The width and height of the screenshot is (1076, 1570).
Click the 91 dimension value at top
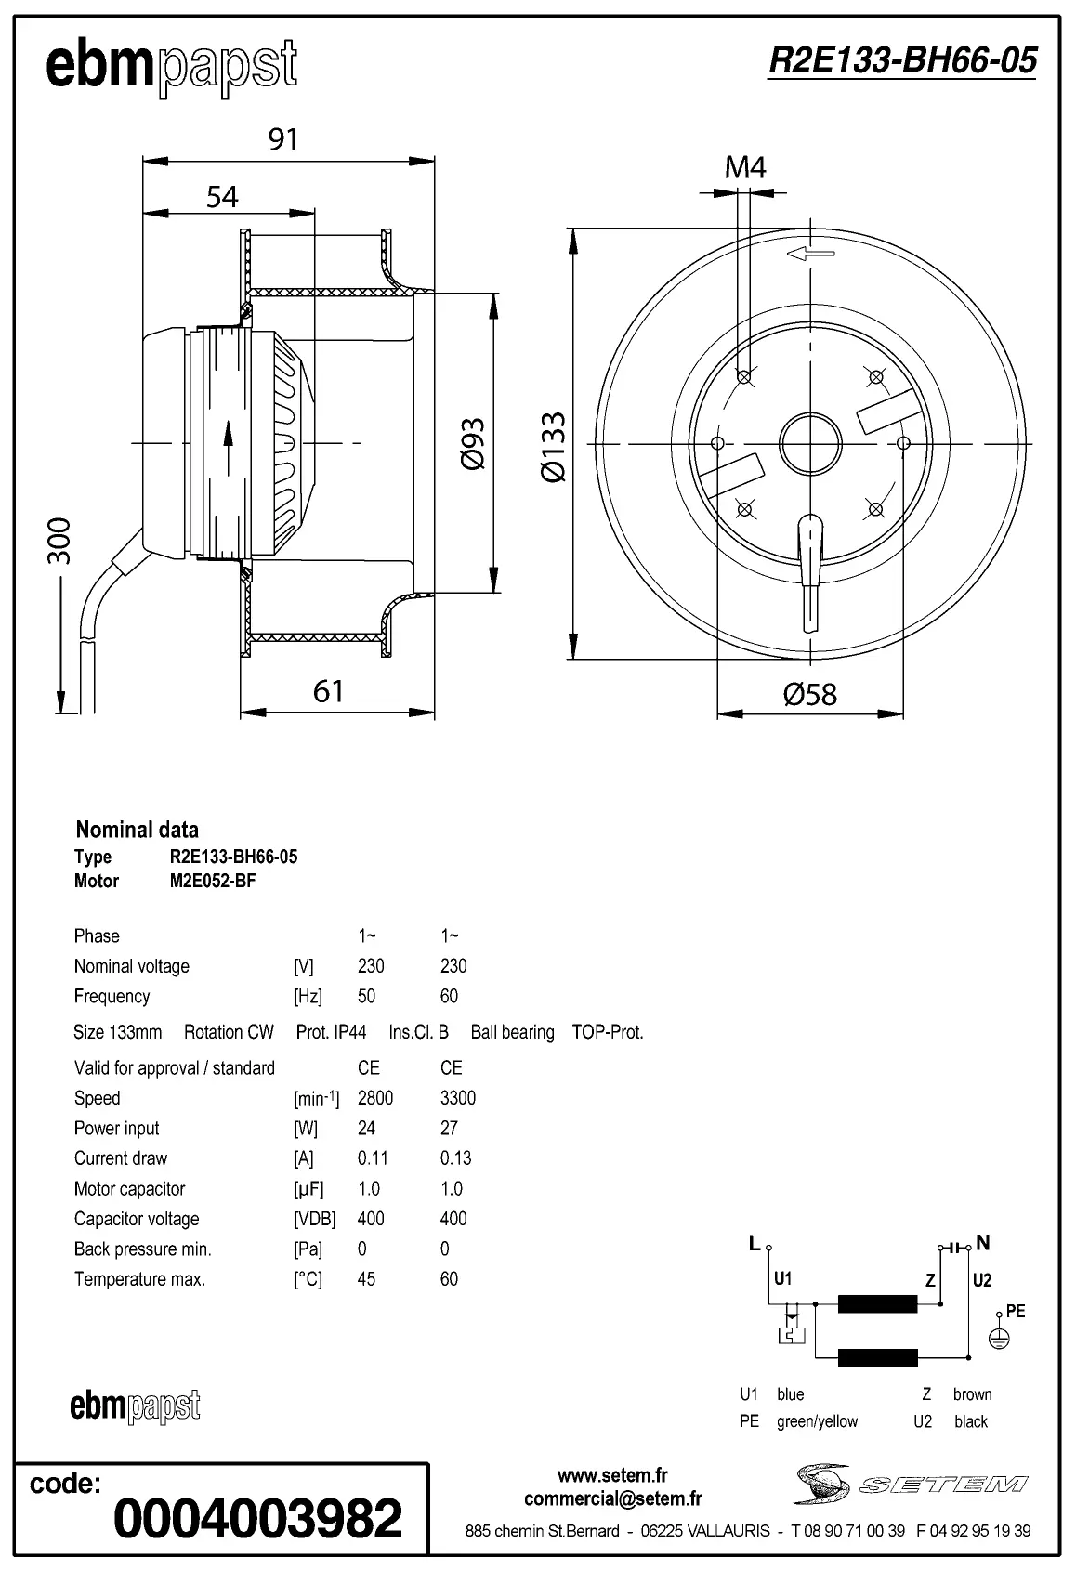pos(282,139)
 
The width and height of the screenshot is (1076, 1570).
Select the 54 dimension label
pos(222,197)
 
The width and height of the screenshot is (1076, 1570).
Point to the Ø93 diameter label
pos(473,443)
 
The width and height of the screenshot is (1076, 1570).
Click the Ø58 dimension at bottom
pos(810,693)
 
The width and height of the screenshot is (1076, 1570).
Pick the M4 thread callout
pos(745,167)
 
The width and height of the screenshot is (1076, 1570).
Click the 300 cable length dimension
pos(59,540)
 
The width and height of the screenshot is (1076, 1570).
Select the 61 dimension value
pos(328,691)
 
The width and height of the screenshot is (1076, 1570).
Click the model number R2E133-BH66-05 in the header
pos(902,60)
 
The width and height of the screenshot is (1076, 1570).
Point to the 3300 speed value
pos(457,1098)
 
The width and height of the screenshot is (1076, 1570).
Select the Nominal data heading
pos(137,830)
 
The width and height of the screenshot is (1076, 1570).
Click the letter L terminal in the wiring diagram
pos(755,1244)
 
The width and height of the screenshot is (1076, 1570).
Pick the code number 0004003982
pos(257,1517)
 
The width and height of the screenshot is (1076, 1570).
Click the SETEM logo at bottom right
pos(911,1484)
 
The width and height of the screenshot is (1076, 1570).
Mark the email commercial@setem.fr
pos(612,1498)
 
